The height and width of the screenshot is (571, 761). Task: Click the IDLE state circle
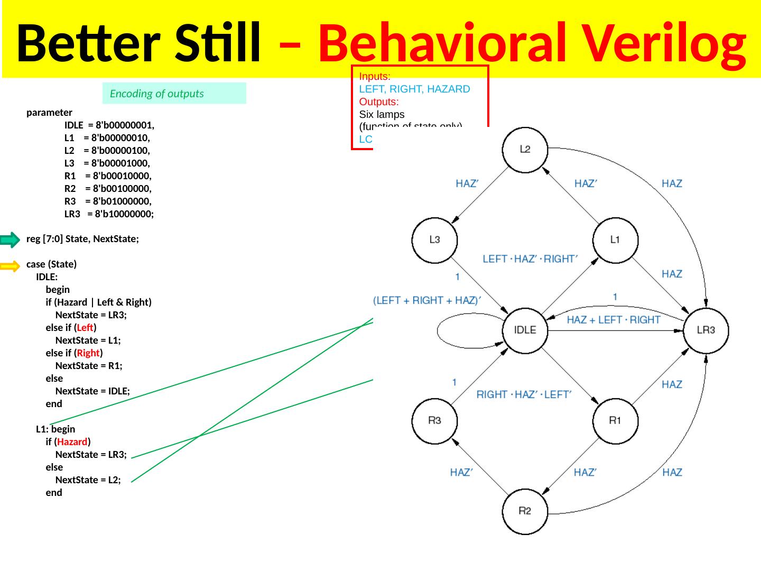525,330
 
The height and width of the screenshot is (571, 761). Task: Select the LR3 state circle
706,330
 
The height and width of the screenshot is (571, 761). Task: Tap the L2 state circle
525,149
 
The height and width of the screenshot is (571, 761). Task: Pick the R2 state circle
525,511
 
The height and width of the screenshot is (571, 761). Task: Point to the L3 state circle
434,240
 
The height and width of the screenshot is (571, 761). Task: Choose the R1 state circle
615,421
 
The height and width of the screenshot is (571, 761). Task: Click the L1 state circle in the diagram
615,240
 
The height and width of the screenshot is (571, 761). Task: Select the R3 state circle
434,421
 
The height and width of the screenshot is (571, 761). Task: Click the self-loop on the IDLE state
454,331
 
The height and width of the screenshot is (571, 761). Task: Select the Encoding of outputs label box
174,94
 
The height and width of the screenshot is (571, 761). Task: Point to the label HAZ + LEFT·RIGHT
613,320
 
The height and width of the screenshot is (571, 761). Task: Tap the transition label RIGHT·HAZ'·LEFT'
524,394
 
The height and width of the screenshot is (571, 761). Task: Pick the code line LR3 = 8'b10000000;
109,214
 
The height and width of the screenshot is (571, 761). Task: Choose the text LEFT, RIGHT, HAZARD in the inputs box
414,89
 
